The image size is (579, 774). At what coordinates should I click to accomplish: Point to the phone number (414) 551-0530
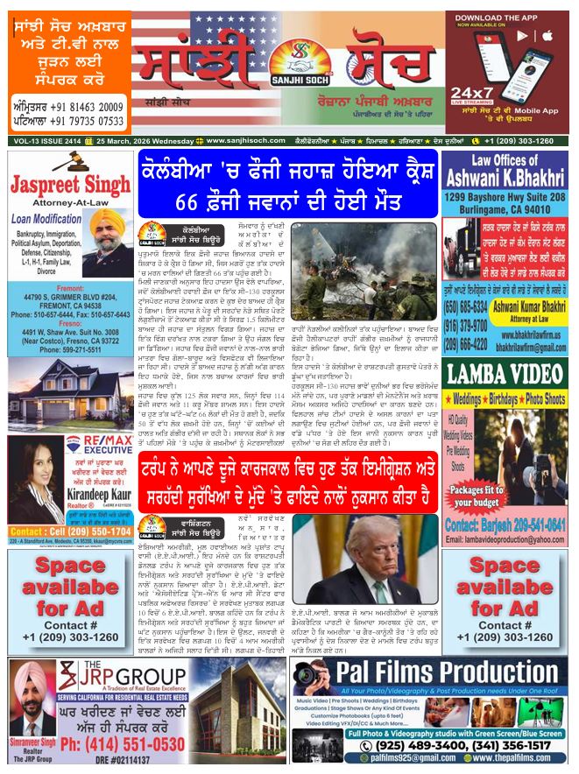tap(123, 743)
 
